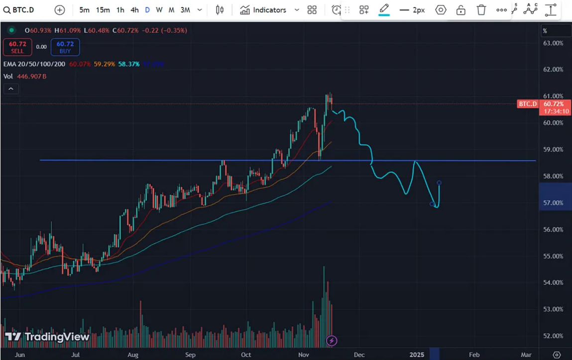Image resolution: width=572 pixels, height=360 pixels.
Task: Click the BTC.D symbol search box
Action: click(20, 10)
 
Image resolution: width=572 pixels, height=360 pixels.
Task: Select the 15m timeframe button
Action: click(103, 10)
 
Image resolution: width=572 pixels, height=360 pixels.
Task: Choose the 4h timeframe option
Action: click(134, 10)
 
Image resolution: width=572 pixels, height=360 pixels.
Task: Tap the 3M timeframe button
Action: click(185, 10)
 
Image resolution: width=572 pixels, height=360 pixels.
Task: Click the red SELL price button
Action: click(17, 48)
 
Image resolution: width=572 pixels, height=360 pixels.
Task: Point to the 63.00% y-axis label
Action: click(553, 43)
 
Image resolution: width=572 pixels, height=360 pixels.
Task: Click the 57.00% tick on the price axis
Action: click(553, 203)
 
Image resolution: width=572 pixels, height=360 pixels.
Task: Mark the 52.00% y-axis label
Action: click(553, 336)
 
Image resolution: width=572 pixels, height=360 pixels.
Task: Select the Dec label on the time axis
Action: click(359, 355)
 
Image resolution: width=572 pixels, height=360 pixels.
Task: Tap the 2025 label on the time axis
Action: click(417, 355)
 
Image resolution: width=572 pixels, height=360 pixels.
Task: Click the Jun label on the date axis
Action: click(20, 355)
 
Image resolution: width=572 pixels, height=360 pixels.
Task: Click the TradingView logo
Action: click(47, 337)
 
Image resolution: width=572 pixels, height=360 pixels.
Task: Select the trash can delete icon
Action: click(481, 10)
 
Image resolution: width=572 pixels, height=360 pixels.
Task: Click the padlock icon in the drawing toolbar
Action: click(461, 10)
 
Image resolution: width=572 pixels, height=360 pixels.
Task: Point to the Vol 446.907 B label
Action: click(25, 76)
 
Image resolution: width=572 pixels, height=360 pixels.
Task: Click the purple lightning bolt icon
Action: click(332, 341)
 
